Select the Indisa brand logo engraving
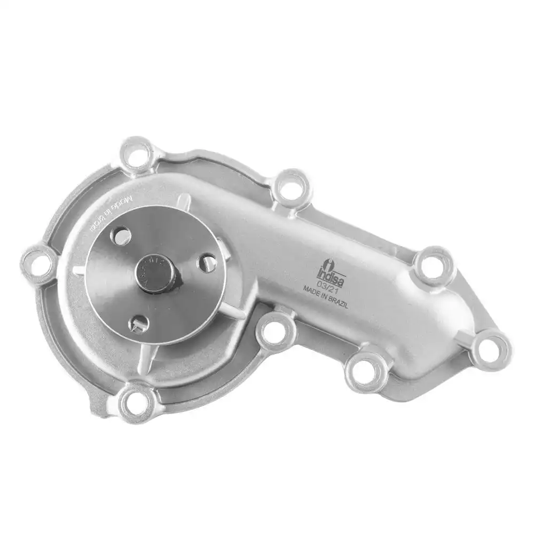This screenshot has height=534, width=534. pos(329,265)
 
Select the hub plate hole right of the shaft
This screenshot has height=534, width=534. pos(208,262)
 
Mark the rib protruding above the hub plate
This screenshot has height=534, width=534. pos(183,202)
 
